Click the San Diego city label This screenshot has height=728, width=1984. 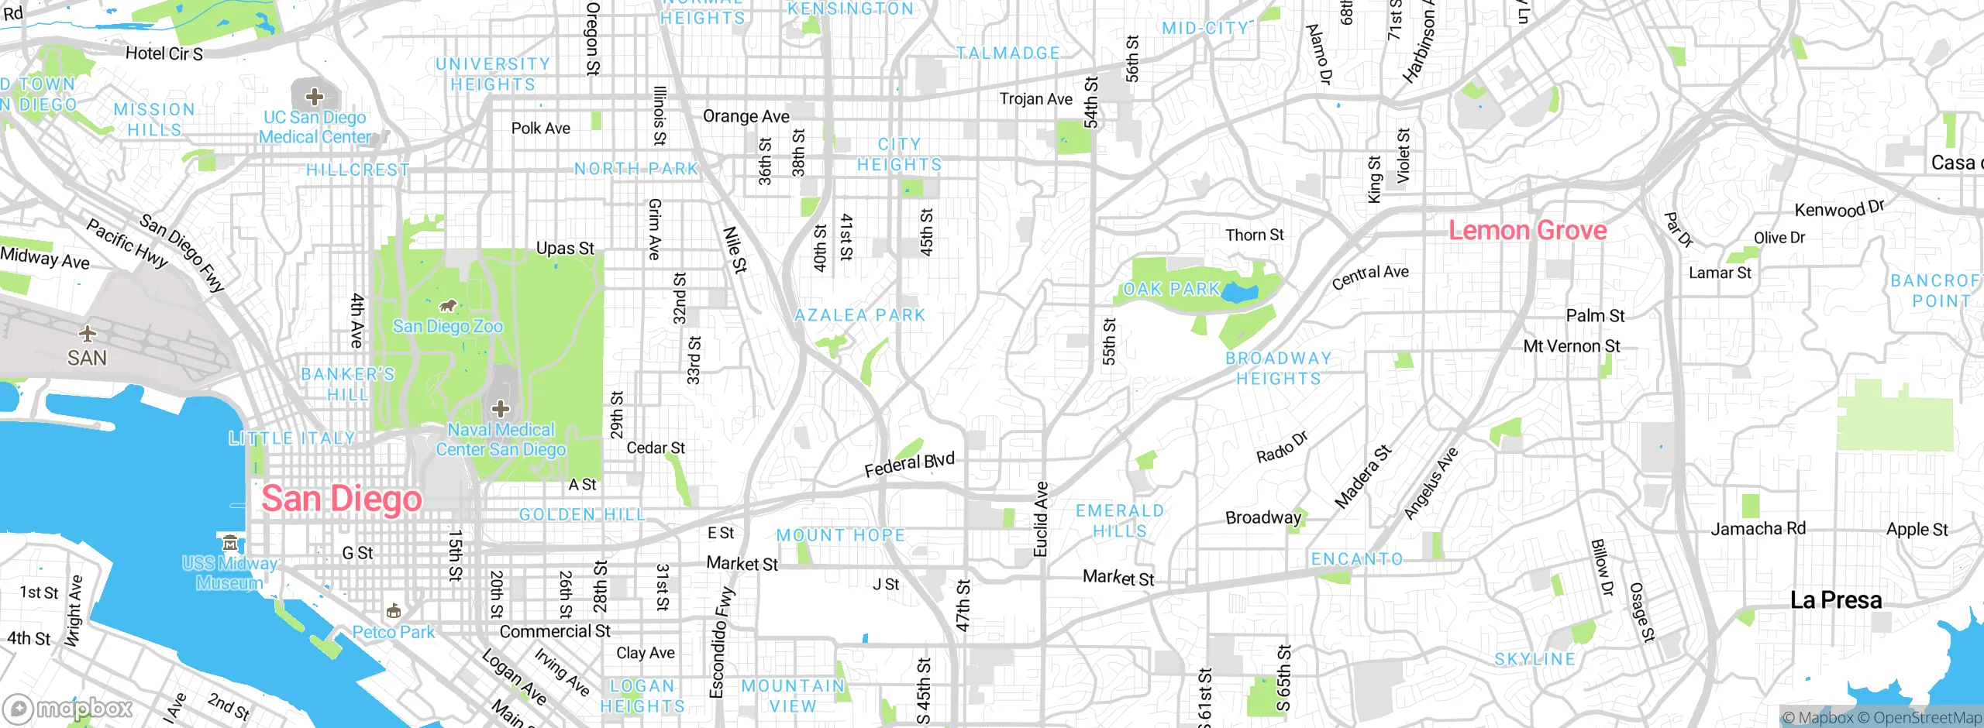pyautogui.click(x=342, y=500)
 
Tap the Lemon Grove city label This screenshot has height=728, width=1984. pyautogui.click(x=1528, y=231)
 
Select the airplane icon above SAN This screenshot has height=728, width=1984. pyautogui.click(x=88, y=334)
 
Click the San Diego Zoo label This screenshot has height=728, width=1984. pyautogui.click(x=448, y=326)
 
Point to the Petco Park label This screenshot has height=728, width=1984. pyautogui.click(x=394, y=632)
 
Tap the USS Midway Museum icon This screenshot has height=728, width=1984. pyautogui.click(x=229, y=542)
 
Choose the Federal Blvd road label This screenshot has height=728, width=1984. pyautogui.click(x=909, y=465)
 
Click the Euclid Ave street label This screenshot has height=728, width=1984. pyautogui.click(x=1041, y=519)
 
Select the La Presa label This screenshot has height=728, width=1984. pyautogui.click(x=1836, y=600)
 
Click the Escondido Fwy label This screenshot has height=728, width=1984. pyautogui.click(x=721, y=643)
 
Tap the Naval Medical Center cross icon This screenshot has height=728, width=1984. pyautogui.click(x=501, y=408)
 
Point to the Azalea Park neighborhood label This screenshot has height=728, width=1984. pyautogui.click(x=860, y=315)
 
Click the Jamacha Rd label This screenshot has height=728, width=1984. pyautogui.click(x=1758, y=529)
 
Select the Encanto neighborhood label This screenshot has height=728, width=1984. pyautogui.click(x=1357, y=559)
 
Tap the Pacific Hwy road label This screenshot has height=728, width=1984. pyautogui.click(x=126, y=243)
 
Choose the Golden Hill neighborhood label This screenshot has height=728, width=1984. pyautogui.click(x=582, y=515)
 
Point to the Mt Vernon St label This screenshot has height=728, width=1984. pyautogui.click(x=1572, y=346)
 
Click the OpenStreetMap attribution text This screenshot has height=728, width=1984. pyautogui.click(x=1925, y=718)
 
